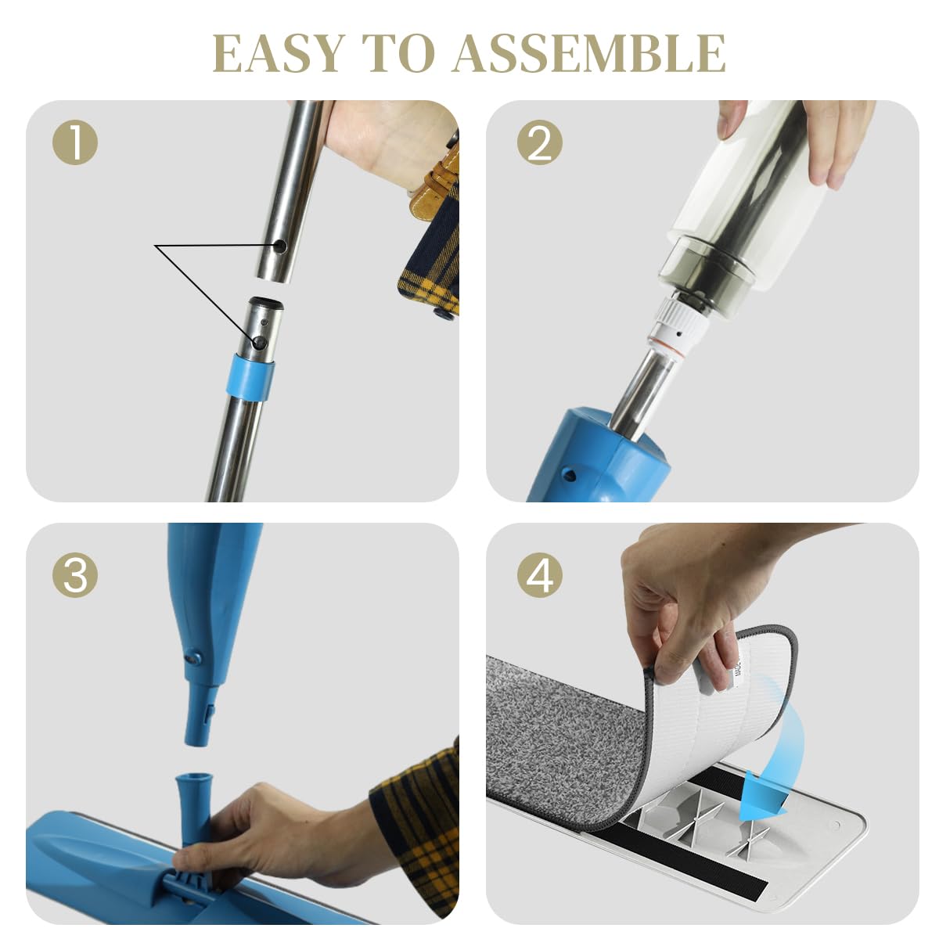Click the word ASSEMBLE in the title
(x=589, y=53)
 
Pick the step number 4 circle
(x=539, y=575)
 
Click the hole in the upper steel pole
(x=279, y=248)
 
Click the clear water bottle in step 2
(x=743, y=203)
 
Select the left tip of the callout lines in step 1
(x=156, y=246)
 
